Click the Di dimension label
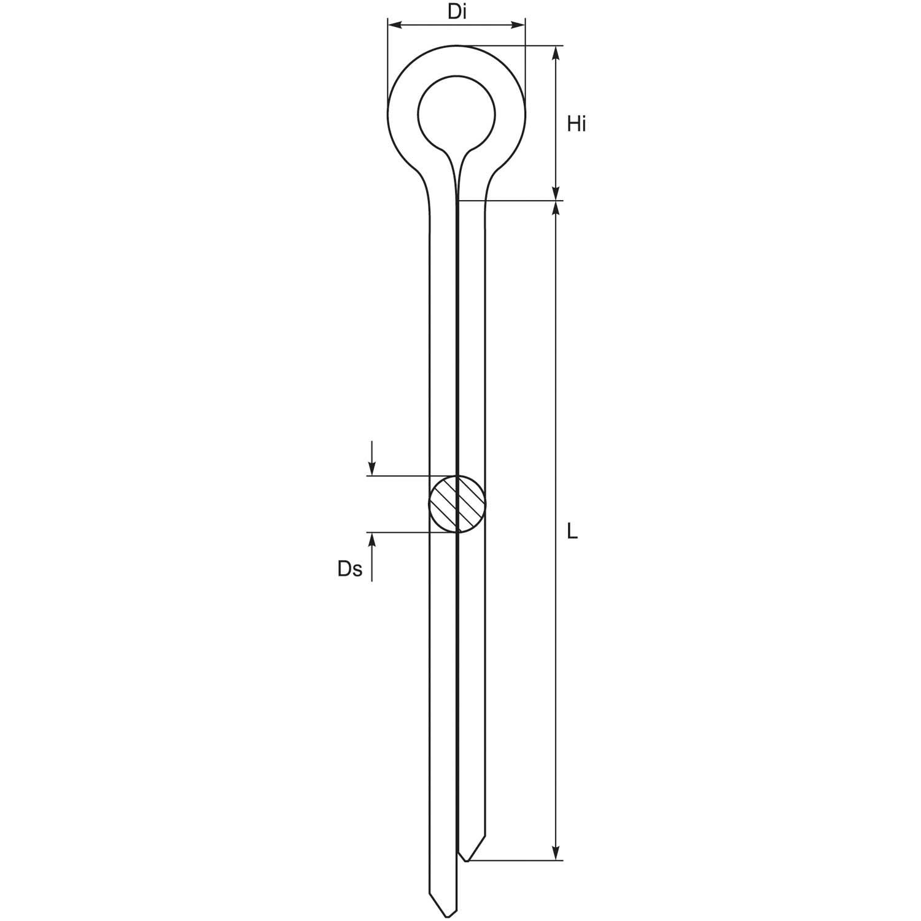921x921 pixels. (x=456, y=12)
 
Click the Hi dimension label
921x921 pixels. (x=576, y=124)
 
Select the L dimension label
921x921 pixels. (x=572, y=532)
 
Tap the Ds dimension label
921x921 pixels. (x=349, y=569)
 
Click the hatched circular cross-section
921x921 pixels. (x=457, y=503)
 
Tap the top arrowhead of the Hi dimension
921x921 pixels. (x=556, y=53)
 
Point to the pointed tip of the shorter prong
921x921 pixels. (x=467, y=860)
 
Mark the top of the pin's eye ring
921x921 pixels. (x=456, y=45)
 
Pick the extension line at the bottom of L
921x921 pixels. (x=516, y=860)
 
